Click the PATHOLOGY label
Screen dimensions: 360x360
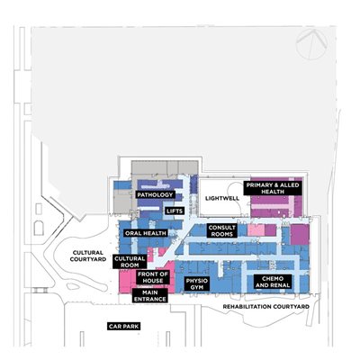click(x=155, y=195)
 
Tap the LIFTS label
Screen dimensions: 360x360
click(x=175, y=211)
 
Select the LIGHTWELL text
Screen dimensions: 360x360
click(x=222, y=198)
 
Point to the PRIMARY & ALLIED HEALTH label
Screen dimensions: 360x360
click(x=273, y=188)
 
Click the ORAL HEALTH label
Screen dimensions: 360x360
click(x=146, y=233)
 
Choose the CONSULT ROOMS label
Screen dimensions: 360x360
click(x=222, y=230)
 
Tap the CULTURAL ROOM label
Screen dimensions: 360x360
click(x=130, y=262)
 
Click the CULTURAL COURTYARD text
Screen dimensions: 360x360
click(x=88, y=256)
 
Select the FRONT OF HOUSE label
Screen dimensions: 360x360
click(x=153, y=277)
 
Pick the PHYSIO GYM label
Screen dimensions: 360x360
click(x=197, y=283)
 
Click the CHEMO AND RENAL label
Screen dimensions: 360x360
click(x=273, y=282)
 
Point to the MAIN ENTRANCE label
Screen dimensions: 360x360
click(x=150, y=296)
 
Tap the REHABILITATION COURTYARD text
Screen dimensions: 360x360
click(x=266, y=307)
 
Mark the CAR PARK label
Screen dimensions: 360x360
click(x=124, y=327)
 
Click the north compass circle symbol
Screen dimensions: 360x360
click(x=311, y=44)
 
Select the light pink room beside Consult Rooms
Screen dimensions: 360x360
click(x=256, y=230)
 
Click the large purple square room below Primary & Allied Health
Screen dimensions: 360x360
click(x=300, y=235)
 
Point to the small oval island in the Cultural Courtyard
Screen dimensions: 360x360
click(x=73, y=286)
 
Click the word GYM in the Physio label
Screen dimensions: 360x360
click(x=197, y=287)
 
